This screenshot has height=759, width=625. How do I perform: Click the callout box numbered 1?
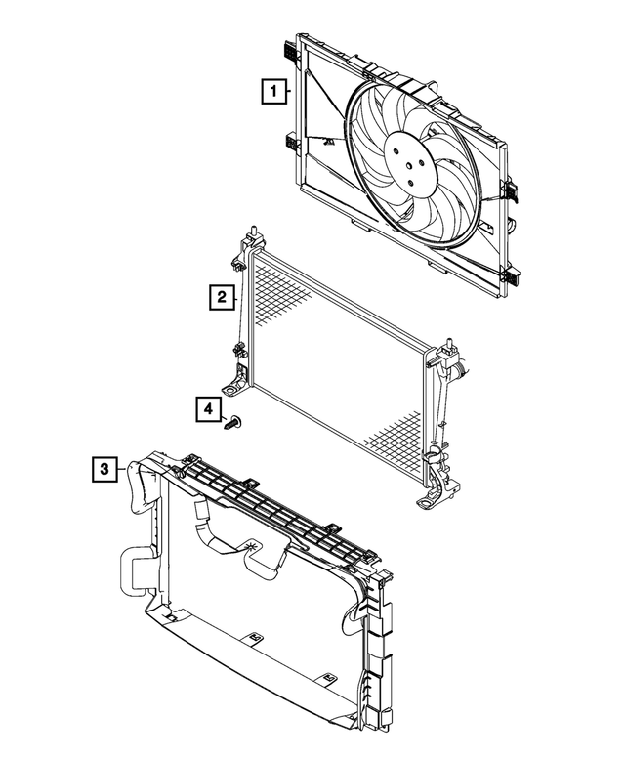[276, 93]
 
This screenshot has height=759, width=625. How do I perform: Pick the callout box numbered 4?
[207, 409]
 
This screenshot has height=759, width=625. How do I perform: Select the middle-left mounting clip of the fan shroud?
[292, 141]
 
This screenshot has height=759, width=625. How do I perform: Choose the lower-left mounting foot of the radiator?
[232, 389]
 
